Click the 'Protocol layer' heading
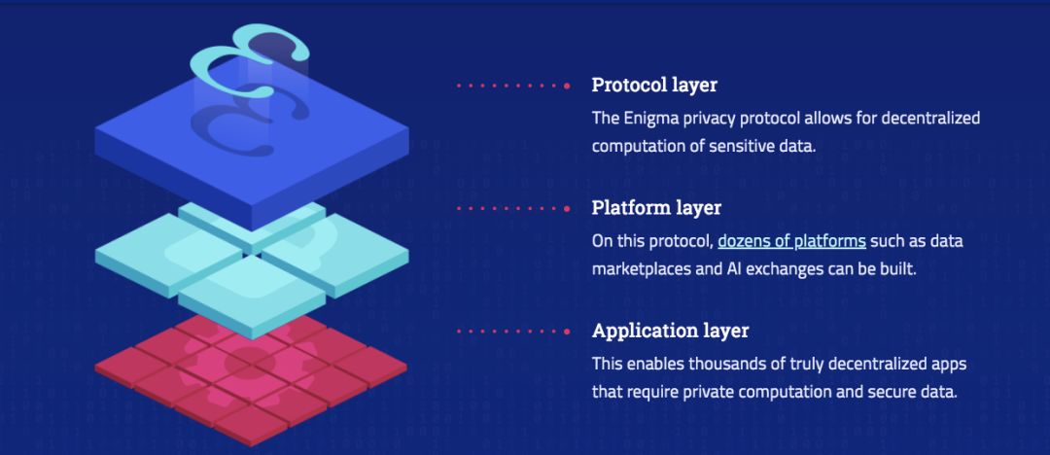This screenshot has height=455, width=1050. tap(653, 85)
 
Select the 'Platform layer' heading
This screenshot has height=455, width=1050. tap(656, 208)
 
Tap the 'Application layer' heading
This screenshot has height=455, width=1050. tap(670, 331)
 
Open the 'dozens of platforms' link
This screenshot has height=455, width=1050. tap(791, 240)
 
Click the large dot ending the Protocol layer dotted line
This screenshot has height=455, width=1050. tap(567, 86)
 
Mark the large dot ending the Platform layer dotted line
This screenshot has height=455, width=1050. tap(567, 208)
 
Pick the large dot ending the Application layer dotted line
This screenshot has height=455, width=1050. tap(567, 331)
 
